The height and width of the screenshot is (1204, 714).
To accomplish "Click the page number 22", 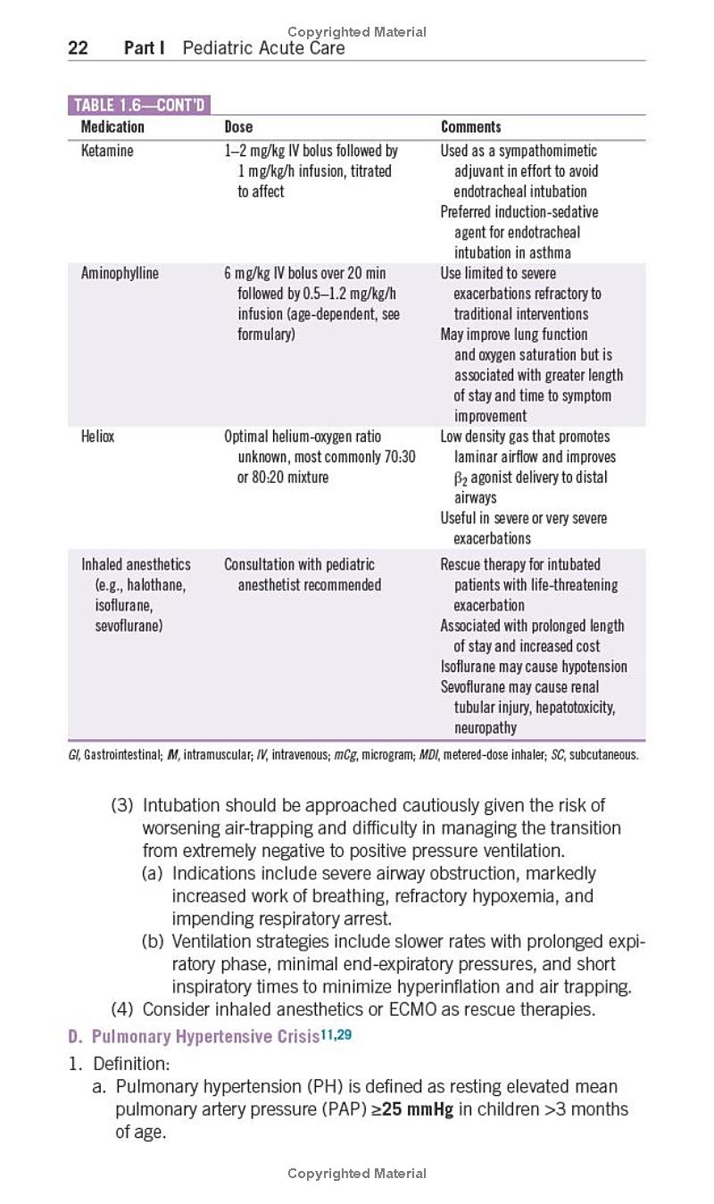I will tap(78, 48).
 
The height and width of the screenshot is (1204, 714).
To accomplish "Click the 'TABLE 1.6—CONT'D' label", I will tap(138, 105).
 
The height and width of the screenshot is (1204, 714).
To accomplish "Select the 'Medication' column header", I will tap(112, 127).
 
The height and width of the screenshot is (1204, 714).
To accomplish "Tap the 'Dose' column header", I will tap(238, 127).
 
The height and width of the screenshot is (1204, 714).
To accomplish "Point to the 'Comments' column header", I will tap(471, 127).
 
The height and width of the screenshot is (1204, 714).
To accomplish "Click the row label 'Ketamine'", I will tap(107, 151).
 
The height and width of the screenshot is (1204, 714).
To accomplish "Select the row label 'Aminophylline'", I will tap(120, 273).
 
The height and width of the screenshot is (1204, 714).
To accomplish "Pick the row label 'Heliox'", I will tap(97, 436).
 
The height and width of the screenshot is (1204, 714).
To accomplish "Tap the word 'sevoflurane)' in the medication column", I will tap(129, 626).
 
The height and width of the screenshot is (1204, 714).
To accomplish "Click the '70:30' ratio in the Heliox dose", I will tap(397, 457).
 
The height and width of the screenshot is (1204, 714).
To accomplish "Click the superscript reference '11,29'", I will tap(336, 1035).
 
